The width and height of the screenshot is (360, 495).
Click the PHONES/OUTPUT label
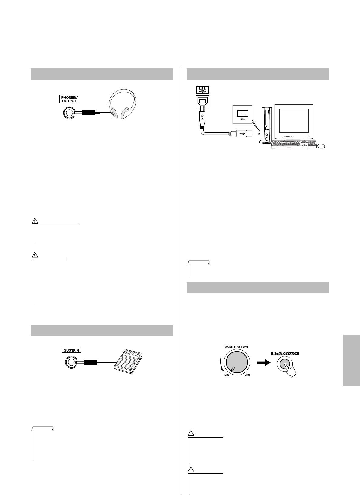(69, 99)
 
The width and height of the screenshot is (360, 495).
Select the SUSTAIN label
(71, 350)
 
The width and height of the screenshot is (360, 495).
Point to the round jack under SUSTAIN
(71, 362)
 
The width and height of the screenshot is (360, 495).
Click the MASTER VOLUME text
(237, 347)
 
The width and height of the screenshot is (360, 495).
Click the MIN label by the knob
(226, 375)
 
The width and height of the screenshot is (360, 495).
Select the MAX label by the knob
(247, 375)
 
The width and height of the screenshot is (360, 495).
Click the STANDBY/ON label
(285, 353)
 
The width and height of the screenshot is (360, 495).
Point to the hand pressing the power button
(291, 370)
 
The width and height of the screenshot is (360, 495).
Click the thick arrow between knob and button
(263, 362)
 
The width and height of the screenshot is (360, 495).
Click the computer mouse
(321, 147)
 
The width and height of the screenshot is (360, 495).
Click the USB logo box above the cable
(202, 89)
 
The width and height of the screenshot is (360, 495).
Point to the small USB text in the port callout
(242, 119)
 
